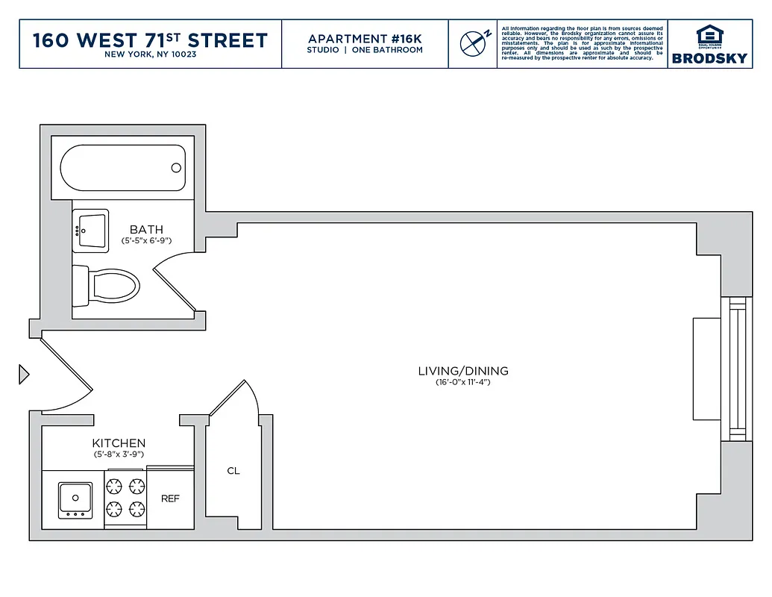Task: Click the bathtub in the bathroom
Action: pos(122,168)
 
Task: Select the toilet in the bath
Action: pos(107,286)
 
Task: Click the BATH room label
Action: pos(146,230)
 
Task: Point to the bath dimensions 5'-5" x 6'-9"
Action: pos(146,241)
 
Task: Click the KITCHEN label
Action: pos(119,443)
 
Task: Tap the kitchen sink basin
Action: pos(75,498)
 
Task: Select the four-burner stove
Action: pos(125,498)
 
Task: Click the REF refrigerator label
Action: pos(170,498)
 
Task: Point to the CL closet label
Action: pos(233,471)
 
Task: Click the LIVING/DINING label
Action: pos(462,371)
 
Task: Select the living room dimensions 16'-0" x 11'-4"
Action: pos(462,382)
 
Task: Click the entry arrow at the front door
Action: pos(23,373)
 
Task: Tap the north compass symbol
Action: pos(472,43)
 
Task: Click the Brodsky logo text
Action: pos(709,58)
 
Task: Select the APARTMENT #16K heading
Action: pos(365,38)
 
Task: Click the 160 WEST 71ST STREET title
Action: pos(150,40)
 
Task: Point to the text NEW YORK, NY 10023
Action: pos(150,54)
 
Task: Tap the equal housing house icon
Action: pos(709,35)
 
